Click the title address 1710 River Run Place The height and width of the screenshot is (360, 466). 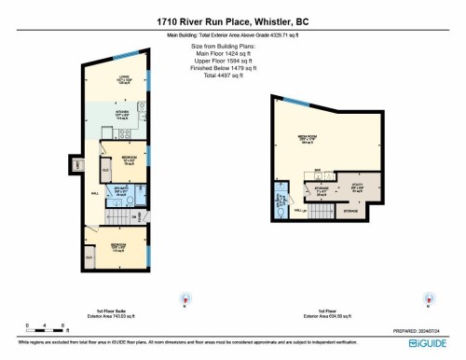click(232, 20)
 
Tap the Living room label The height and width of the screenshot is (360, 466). click(122, 79)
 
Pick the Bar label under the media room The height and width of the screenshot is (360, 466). click(318, 171)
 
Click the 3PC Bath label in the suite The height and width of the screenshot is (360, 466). click(122, 193)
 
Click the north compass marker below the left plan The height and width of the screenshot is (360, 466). click(184, 300)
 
